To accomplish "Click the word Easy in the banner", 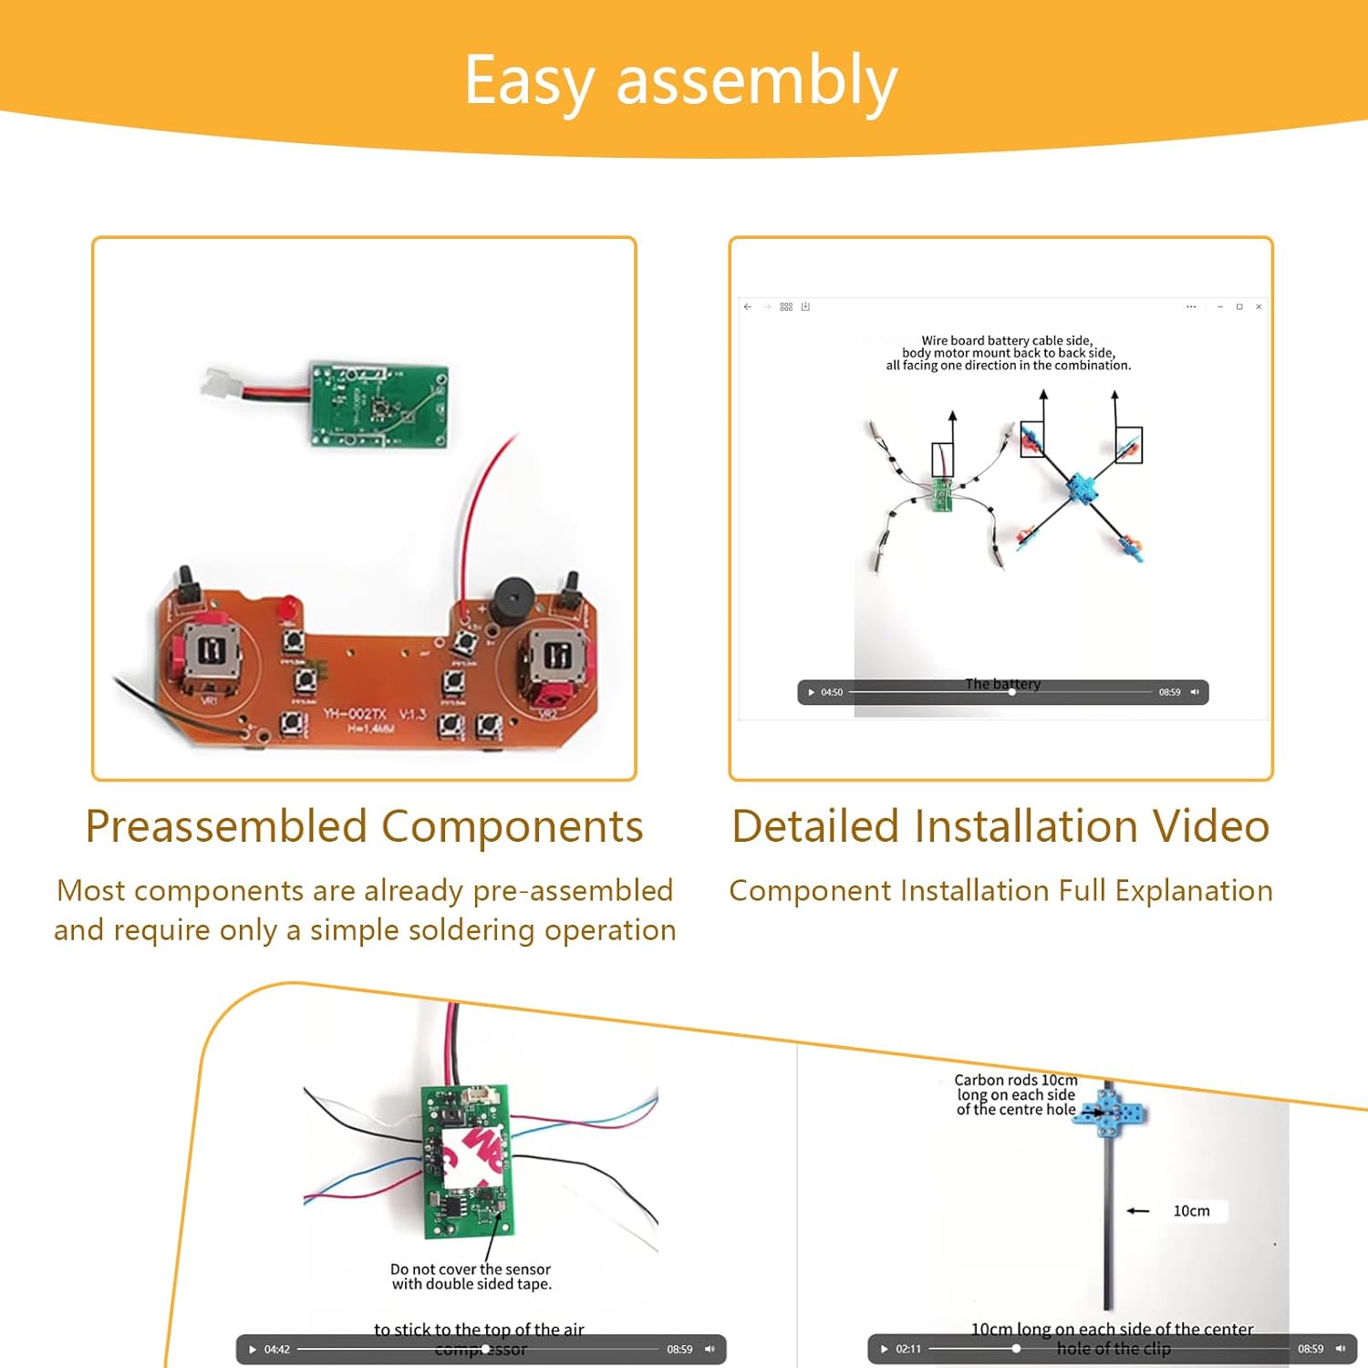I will pyautogui.click(x=529, y=82).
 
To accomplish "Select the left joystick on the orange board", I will pyautogui.click(x=212, y=652).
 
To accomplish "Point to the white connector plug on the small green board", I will pyautogui.click(x=222, y=383).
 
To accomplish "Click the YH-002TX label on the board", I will pyautogui.click(x=356, y=713).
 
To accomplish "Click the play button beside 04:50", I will pyautogui.click(x=811, y=692).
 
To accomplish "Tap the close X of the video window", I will pyautogui.click(x=1259, y=306).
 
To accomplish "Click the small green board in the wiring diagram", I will pyautogui.click(x=942, y=494).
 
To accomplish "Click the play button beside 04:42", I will pyautogui.click(x=253, y=1349).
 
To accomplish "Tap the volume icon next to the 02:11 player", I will pyautogui.click(x=1340, y=1349).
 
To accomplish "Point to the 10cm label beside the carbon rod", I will pyautogui.click(x=1191, y=1211).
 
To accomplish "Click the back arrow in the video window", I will pyautogui.click(x=748, y=306).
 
